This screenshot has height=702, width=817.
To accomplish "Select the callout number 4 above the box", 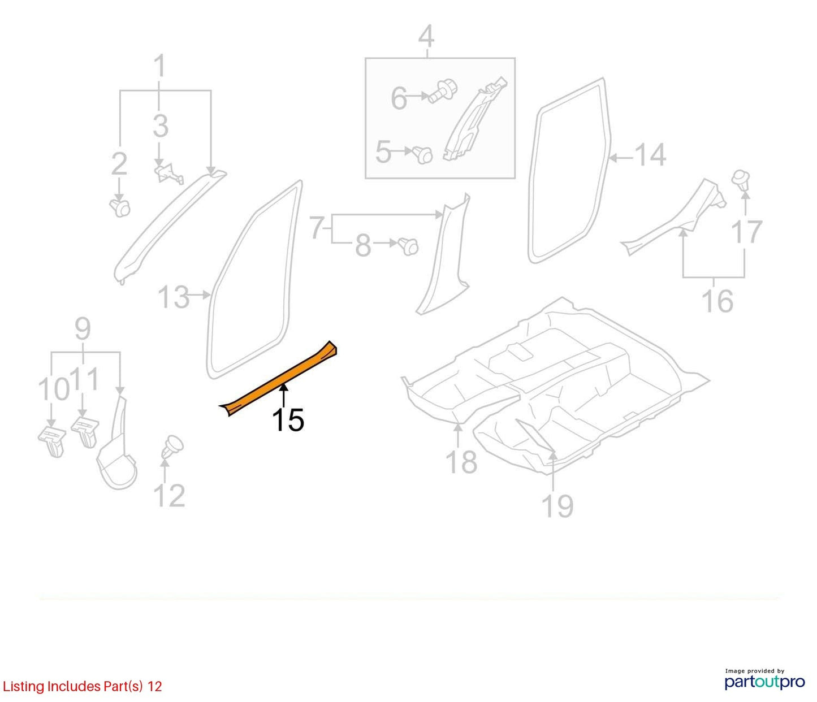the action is point(426,37).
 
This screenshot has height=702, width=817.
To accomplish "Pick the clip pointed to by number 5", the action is point(422,155).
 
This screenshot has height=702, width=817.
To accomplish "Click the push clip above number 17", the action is point(740,180).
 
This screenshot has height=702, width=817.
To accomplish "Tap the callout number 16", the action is point(717,301).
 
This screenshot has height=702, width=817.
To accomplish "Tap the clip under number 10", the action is point(53,440).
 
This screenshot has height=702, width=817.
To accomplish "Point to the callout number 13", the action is point(174,297).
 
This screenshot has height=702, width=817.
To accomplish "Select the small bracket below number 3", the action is point(169,173).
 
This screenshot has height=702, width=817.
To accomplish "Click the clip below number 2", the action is point(120,207).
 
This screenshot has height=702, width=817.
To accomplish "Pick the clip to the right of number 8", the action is point(408,246).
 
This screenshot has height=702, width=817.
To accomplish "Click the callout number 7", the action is point(317,228).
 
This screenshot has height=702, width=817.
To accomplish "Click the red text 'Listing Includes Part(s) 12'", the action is point(82,686).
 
